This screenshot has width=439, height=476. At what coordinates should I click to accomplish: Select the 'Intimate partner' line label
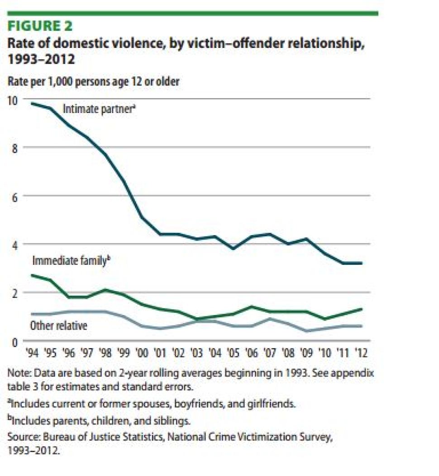tap(99, 109)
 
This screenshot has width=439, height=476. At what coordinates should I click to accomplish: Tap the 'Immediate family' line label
tap(71, 261)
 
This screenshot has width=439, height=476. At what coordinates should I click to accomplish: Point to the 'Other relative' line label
tap(58, 325)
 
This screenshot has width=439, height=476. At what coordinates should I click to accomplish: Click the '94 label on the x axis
tap(32, 353)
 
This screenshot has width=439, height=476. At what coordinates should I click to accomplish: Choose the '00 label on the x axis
tap(143, 353)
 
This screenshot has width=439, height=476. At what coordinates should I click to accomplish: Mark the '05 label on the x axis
tap(233, 353)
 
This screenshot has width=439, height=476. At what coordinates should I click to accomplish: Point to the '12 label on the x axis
tap(362, 353)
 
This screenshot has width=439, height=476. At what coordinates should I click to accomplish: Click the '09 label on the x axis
tap(306, 353)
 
